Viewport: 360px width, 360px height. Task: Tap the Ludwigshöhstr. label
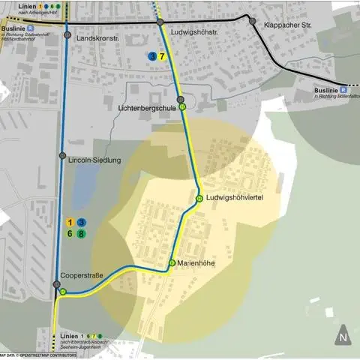[x=194, y=33]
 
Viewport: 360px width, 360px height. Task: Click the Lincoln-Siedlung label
[x=94, y=159]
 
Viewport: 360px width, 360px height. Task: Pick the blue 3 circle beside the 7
[x=152, y=56]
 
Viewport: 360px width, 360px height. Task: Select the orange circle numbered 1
[x=70, y=223]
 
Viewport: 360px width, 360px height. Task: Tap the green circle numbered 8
[x=81, y=234]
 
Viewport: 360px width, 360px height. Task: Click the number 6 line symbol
[x=70, y=234]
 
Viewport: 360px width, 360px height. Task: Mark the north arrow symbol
[x=342, y=333]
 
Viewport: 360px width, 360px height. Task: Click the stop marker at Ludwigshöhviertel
[x=199, y=198]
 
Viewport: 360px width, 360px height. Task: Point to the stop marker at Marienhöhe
[x=171, y=262]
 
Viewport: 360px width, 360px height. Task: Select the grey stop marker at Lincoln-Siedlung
[x=62, y=156]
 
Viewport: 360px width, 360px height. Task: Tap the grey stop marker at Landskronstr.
[x=67, y=35]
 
